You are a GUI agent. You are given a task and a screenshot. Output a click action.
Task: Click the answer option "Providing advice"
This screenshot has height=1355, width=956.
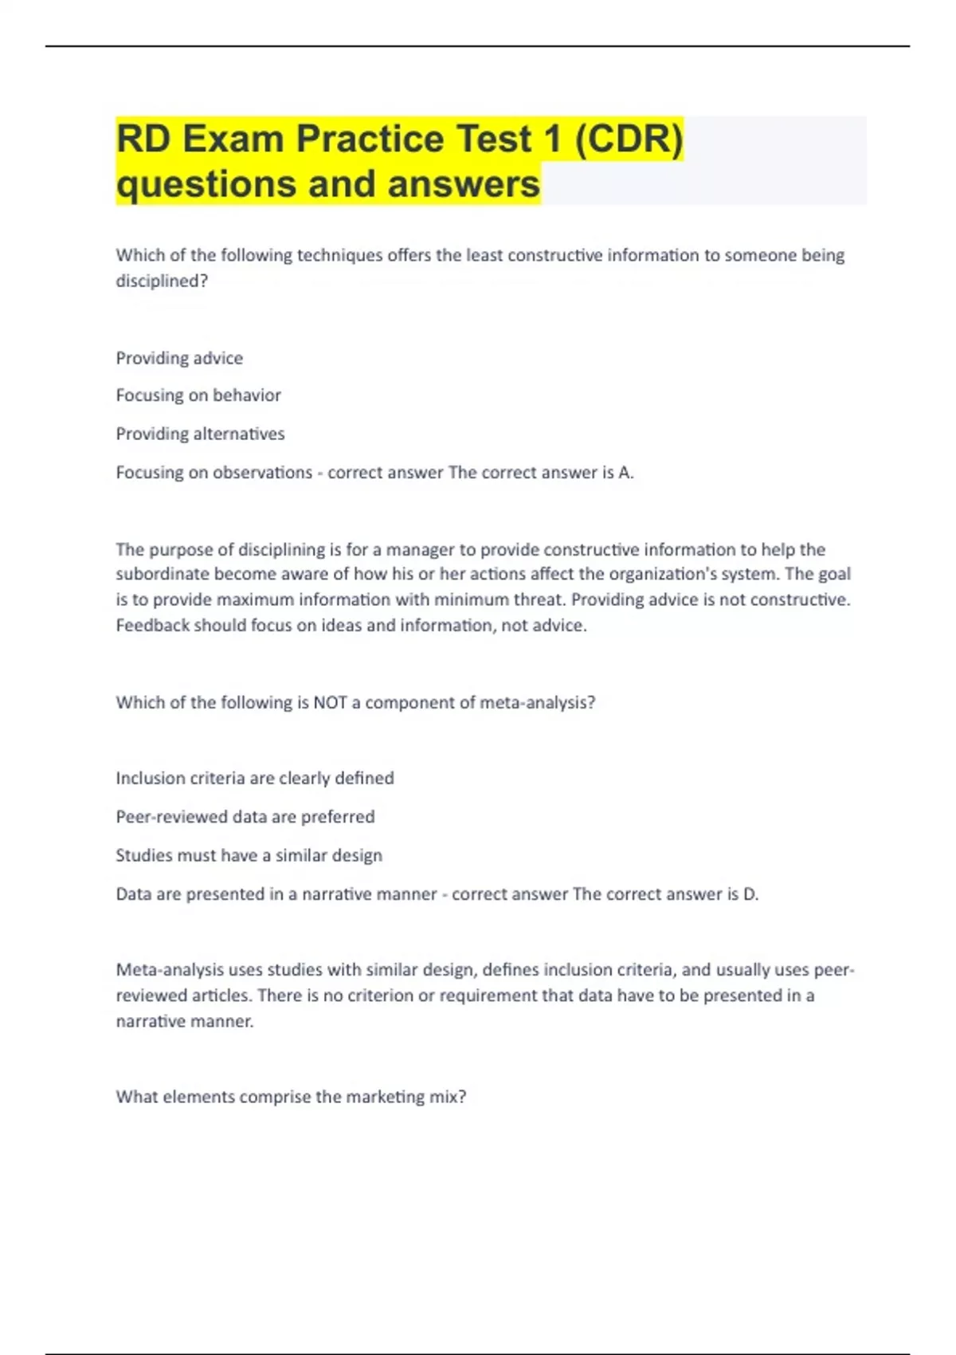[x=179, y=358]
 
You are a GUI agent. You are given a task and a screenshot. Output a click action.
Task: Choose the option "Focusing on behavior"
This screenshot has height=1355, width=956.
[x=198, y=395]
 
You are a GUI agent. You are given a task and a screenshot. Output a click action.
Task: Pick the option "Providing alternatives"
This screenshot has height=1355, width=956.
[x=200, y=434]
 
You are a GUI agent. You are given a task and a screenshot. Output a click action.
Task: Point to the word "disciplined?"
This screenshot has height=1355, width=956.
[x=162, y=281]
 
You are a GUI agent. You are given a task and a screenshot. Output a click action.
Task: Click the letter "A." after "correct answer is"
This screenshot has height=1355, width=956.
[x=626, y=473]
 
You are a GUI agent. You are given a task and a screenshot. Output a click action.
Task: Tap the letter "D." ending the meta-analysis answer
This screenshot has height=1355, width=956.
[x=750, y=894]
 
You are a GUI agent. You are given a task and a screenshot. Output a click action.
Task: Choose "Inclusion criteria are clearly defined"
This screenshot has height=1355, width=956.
[x=255, y=778]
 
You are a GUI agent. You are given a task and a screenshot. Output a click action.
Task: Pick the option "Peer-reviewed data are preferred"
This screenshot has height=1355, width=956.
[x=245, y=816]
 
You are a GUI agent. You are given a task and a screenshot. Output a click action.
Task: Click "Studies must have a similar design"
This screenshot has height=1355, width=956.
[x=249, y=855]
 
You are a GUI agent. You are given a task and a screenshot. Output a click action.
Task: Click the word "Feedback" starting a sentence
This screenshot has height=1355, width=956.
[x=152, y=625]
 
